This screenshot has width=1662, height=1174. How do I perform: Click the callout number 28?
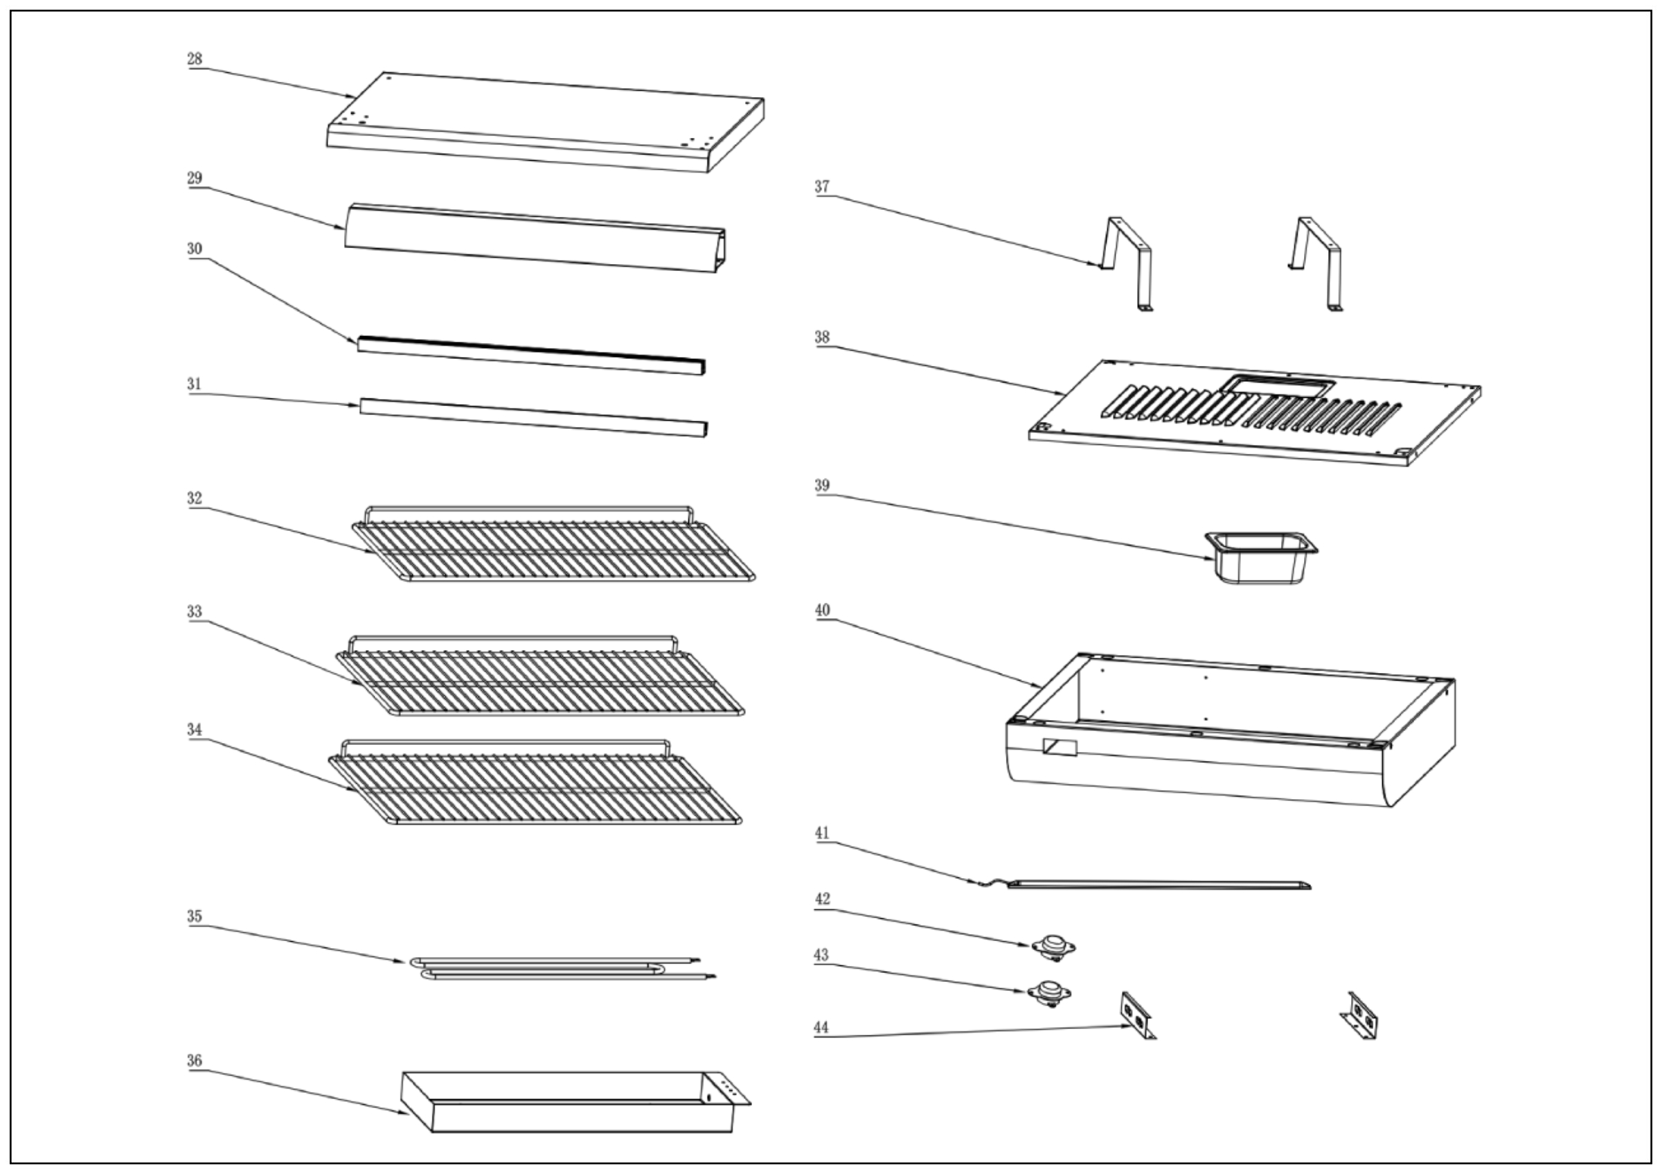pyautogui.click(x=194, y=59)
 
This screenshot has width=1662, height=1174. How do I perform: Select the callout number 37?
pyautogui.click(x=821, y=186)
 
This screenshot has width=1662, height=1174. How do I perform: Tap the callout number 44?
pyautogui.click(x=821, y=1027)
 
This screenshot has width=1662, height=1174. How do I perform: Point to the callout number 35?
pyautogui.click(x=194, y=916)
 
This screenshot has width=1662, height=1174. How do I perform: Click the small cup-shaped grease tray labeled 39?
pyautogui.click(x=1261, y=558)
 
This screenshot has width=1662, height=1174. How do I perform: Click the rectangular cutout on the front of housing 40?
pyautogui.click(x=1059, y=747)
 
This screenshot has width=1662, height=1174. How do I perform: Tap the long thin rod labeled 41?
pyautogui.click(x=1158, y=884)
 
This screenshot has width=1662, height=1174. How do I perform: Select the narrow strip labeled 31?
pyautogui.click(x=533, y=417)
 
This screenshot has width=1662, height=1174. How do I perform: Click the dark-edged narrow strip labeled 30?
pyautogui.click(x=530, y=355)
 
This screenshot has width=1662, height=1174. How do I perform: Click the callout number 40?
pyautogui.click(x=822, y=611)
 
